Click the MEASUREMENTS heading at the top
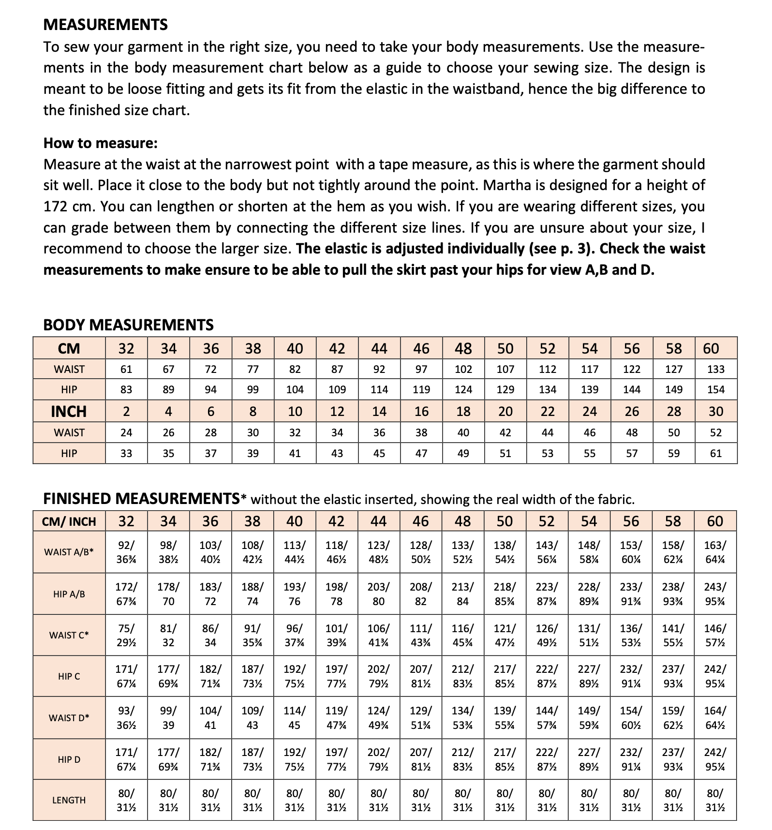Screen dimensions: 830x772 [105, 25]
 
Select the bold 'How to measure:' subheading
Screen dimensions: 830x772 [100, 143]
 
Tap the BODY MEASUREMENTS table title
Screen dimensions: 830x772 [128, 325]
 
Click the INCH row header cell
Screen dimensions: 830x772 [69, 412]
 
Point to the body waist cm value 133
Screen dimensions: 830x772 [716, 370]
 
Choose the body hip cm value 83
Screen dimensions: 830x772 [126, 390]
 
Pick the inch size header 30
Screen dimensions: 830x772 [716, 412]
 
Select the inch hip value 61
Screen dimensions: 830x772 [716, 454]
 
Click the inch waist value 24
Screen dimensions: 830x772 [126, 433]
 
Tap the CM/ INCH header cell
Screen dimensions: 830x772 [69, 521]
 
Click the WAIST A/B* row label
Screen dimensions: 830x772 [69, 552]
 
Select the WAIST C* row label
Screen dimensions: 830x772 [69, 635]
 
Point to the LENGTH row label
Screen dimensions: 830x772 [69, 800]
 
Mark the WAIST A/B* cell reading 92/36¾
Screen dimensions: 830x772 [126, 552]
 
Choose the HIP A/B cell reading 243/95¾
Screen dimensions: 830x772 [715, 594]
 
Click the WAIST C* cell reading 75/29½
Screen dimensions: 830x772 [126, 635]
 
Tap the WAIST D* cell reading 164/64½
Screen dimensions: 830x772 [715, 718]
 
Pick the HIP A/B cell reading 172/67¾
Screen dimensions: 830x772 [126, 594]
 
